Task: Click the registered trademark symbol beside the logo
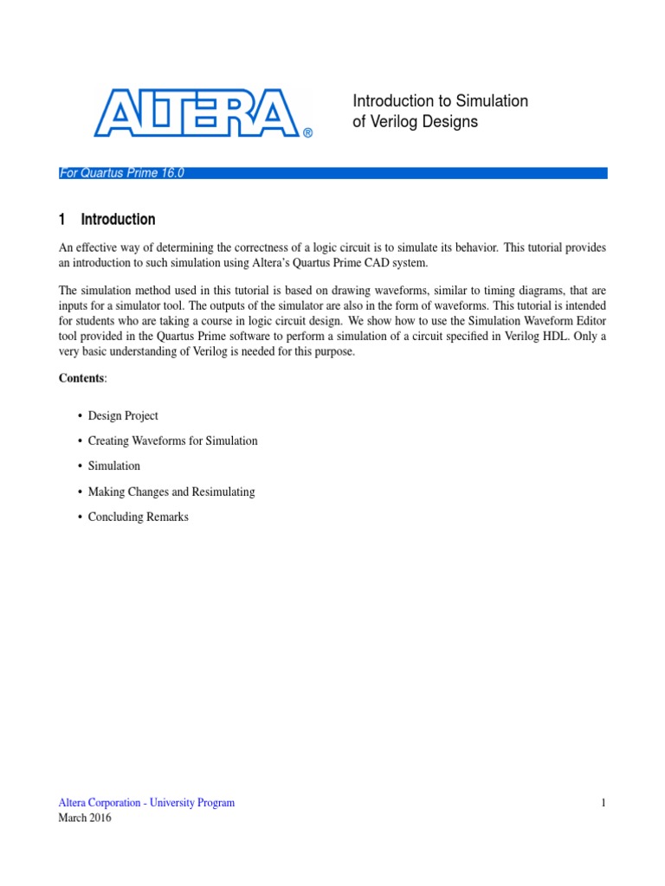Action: click(x=307, y=133)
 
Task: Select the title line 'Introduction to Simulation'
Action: click(x=440, y=101)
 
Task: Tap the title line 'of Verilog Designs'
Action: click(x=415, y=122)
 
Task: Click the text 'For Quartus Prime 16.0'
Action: click(x=121, y=173)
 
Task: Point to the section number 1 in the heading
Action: click(x=62, y=220)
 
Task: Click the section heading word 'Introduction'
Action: click(x=119, y=220)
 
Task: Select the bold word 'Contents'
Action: click(x=81, y=379)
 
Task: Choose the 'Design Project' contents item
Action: click(x=123, y=416)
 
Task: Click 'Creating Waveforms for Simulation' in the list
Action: click(x=172, y=441)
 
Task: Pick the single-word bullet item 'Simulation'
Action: click(x=114, y=466)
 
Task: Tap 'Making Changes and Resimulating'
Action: click(x=171, y=491)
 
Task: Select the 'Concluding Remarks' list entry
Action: click(x=138, y=517)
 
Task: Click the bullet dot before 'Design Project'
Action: click(x=79, y=416)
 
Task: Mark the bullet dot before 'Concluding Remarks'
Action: click(x=79, y=517)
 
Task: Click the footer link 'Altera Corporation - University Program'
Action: click(x=146, y=803)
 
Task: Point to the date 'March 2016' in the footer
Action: click(x=85, y=819)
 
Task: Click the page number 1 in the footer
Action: click(x=604, y=803)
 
